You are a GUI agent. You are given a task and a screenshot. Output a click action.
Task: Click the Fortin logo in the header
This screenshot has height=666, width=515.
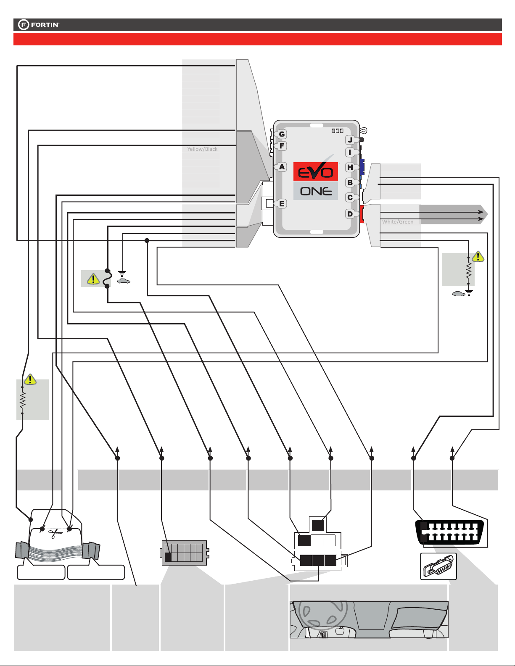(x=39, y=24)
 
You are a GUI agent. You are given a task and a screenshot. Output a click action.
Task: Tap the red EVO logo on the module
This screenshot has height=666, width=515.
(x=315, y=171)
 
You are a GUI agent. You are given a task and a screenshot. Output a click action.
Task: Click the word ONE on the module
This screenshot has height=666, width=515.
(x=316, y=191)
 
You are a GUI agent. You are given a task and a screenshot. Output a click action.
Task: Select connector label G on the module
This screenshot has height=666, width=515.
(x=281, y=134)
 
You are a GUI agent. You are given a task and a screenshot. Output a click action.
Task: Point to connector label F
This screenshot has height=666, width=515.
(x=281, y=146)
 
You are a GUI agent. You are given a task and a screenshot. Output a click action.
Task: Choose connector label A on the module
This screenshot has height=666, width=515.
(x=281, y=167)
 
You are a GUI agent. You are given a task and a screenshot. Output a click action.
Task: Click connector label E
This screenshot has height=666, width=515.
(x=281, y=203)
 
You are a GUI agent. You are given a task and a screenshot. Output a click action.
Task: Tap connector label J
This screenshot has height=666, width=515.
(x=350, y=140)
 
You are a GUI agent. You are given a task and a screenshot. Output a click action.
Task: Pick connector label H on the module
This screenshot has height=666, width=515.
(x=350, y=167)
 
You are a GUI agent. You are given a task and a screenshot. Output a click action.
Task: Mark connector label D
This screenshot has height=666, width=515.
(x=350, y=214)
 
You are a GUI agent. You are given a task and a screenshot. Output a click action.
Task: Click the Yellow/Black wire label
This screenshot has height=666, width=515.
(x=202, y=149)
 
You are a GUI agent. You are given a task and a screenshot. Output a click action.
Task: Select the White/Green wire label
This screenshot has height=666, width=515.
(x=398, y=221)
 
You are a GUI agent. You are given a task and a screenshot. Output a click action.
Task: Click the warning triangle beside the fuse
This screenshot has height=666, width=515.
(x=93, y=279)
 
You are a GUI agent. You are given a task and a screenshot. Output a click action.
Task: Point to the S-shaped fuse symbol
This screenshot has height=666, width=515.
(x=107, y=279)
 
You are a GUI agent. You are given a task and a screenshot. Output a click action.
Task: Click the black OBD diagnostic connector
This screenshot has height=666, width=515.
(x=449, y=532)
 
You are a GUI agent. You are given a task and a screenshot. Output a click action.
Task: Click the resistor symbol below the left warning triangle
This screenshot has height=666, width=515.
(x=22, y=400)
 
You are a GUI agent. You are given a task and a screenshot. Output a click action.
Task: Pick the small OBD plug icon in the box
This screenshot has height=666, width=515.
(x=438, y=566)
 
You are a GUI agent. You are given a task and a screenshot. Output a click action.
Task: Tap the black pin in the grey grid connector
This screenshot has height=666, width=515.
(x=168, y=557)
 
